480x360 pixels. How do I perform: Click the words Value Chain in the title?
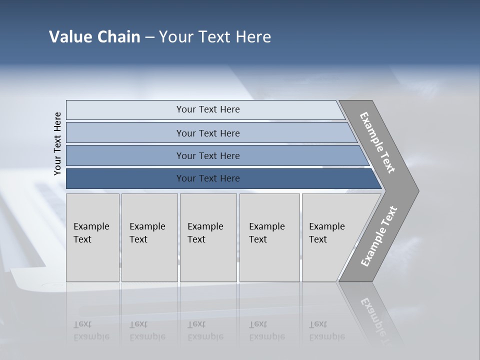click(94, 37)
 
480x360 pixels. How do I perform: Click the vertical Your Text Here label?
click(57, 143)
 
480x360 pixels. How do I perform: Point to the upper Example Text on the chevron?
click(377, 142)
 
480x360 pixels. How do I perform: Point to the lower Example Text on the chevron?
click(378, 236)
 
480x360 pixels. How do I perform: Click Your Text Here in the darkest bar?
click(208, 178)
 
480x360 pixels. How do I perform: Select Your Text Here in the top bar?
click(208, 109)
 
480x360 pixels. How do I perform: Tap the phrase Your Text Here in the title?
click(215, 37)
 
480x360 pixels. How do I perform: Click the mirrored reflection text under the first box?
click(91, 330)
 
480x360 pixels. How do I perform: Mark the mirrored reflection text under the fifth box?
click(326, 330)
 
